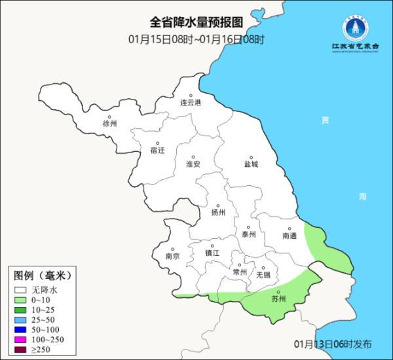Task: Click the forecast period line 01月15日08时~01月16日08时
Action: (x=196, y=40)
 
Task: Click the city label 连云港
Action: (x=191, y=103)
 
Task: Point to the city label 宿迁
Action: (x=157, y=150)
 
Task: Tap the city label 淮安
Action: (x=193, y=164)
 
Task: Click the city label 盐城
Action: (x=251, y=164)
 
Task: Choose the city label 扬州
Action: (x=218, y=213)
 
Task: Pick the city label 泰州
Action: (x=248, y=234)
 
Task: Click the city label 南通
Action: (x=290, y=235)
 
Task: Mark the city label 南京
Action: (x=172, y=256)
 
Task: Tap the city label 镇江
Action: (x=212, y=253)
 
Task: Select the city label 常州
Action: (x=240, y=272)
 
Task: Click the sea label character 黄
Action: (x=325, y=120)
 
